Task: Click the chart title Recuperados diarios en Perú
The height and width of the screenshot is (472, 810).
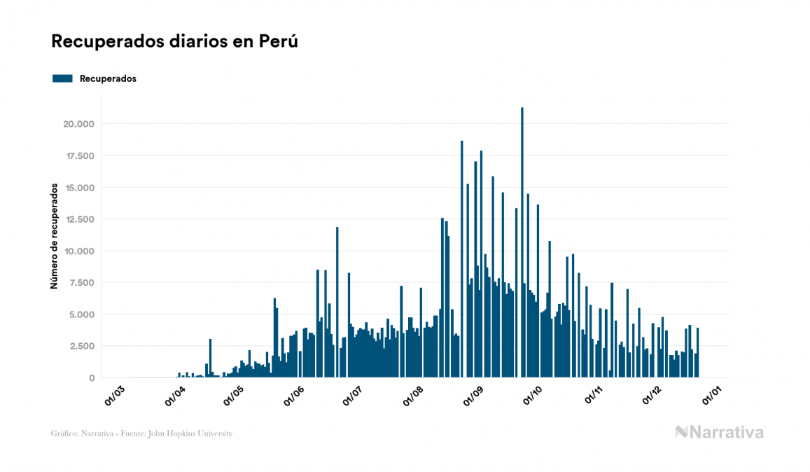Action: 175,41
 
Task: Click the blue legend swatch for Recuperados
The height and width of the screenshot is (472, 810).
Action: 62,78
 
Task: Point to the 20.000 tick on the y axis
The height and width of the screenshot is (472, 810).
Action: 78,124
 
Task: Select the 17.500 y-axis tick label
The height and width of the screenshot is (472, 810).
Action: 78,155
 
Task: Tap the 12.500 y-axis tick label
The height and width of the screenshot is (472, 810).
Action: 78,219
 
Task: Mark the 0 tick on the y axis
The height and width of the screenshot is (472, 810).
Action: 91,377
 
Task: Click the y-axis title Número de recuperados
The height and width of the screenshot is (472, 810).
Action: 54,236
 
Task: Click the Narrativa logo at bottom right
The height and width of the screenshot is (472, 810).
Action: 719,432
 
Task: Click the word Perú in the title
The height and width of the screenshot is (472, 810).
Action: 279,41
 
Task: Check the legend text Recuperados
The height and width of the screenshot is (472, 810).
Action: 108,78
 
